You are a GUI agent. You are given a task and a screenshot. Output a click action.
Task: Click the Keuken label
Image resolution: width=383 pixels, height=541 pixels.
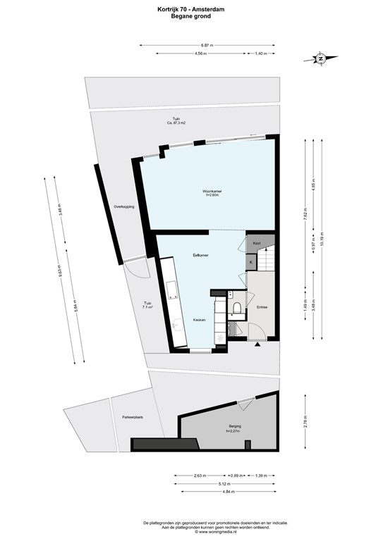tap(200, 320)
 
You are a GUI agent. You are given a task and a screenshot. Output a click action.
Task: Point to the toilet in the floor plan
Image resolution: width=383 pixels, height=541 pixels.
tap(238, 306)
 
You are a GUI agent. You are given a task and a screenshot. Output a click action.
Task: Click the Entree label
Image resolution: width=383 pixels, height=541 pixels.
tap(262, 307)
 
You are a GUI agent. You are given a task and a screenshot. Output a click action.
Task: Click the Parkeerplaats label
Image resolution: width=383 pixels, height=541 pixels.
tap(132, 417)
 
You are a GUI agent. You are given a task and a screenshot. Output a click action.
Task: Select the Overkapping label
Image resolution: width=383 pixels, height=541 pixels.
tap(124, 206)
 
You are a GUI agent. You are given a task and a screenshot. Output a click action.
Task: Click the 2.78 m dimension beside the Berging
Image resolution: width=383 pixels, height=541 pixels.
tap(305, 423)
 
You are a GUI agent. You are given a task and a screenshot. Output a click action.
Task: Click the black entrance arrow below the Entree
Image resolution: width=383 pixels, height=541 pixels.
tap(257, 344)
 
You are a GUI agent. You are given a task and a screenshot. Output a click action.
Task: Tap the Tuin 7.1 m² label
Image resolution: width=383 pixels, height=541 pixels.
tap(147, 305)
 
